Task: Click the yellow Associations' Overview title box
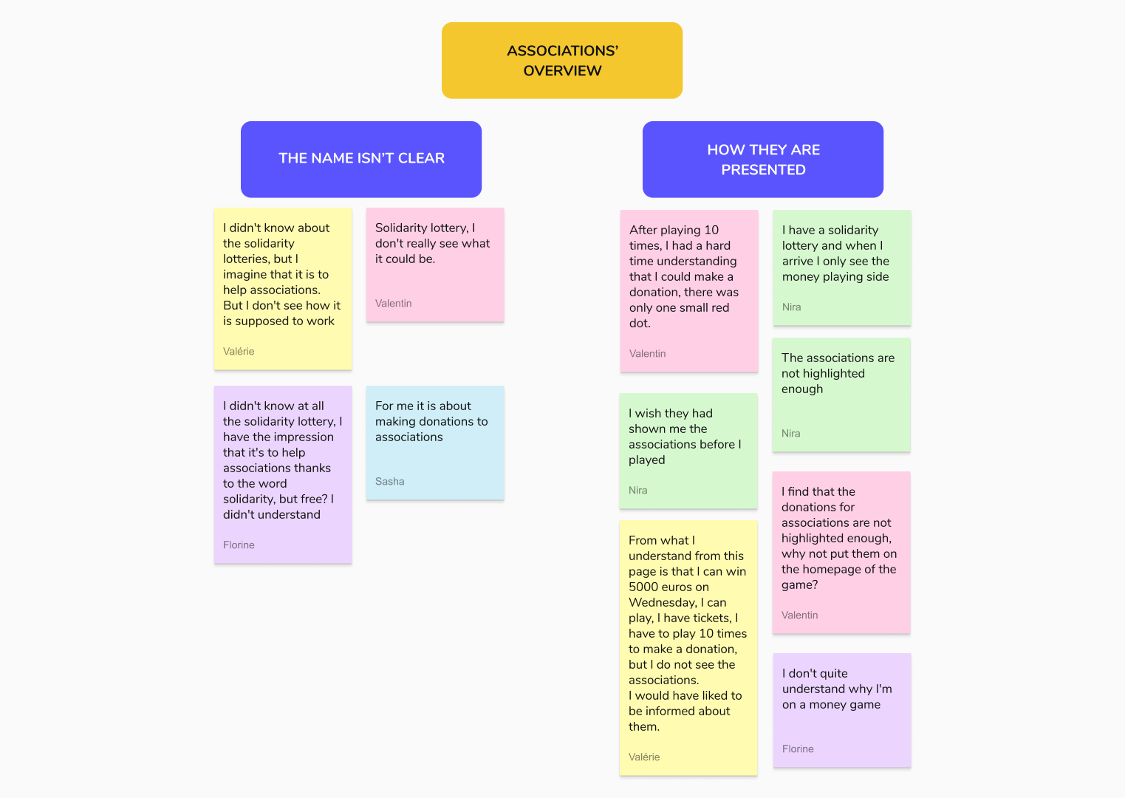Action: point(562,61)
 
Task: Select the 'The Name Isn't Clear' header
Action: point(361,159)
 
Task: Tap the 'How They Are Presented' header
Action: point(763,159)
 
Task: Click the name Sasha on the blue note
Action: point(390,482)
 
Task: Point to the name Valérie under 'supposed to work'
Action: point(239,351)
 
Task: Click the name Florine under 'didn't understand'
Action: point(239,545)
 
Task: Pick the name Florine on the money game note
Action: point(798,748)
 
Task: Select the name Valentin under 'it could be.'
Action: point(393,304)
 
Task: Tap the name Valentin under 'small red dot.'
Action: point(647,354)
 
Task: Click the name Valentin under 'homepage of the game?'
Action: point(799,615)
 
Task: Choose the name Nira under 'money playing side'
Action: point(792,307)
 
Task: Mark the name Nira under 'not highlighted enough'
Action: point(791,433)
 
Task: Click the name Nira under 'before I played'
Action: point(637,491)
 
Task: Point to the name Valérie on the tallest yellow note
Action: point(644,757)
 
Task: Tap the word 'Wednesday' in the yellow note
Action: point(663,602)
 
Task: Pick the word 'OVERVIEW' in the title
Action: point(563,71)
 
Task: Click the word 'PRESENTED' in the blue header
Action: point(763,170)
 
